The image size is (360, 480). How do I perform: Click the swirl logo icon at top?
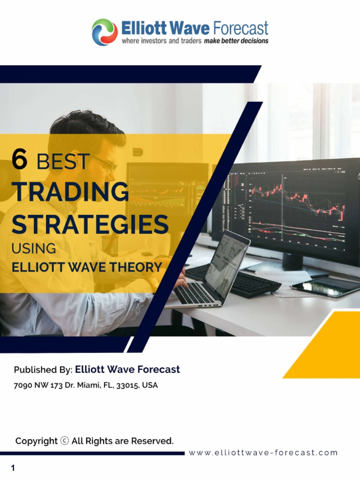point(105,32)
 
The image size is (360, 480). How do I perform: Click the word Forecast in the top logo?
point(240,28)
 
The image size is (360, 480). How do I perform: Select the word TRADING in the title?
point(70,192)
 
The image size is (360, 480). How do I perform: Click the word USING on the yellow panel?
point(34,248)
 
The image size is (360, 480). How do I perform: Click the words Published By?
point(43,370)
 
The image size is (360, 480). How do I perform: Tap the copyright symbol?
point(65,441)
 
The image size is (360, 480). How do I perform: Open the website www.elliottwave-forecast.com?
point(263,453)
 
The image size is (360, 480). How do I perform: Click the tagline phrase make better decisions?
point(236,41)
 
